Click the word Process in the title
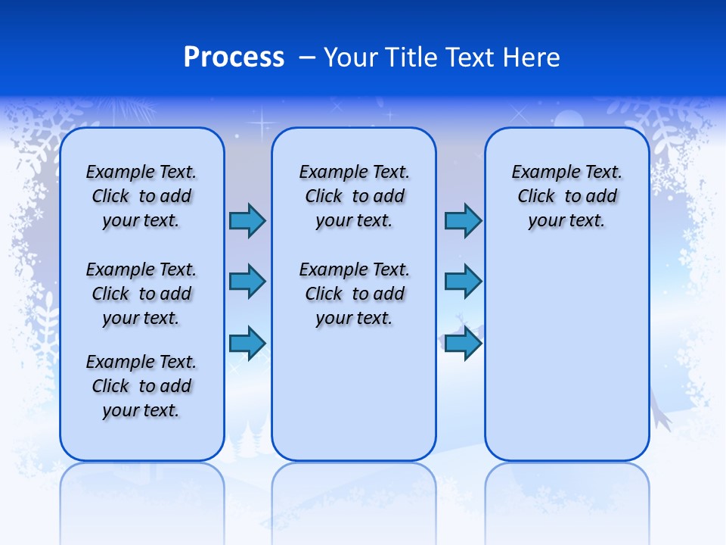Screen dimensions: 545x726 [x=234, y=58]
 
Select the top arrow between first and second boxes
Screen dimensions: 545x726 [x=247, y=221]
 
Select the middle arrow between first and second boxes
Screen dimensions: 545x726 [x=247, y=282]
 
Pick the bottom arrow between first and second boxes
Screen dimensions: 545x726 [x=247, y=343]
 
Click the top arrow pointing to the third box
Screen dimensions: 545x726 [x=463, y=221]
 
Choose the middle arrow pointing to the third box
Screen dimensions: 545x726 [x=463, y=282]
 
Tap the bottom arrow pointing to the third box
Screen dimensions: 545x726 [x=463, y=343]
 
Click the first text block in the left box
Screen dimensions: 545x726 [x=141, y=196]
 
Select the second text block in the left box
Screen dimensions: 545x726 [x=141, y=294]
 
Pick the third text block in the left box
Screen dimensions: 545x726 [x=141, y=386]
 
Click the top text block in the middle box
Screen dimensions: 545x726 [x=354, y=196]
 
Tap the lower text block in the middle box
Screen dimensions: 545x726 [x=354, y=294]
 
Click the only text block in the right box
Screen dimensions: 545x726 [x=566, y=196]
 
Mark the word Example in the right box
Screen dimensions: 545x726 [x=539, y=172]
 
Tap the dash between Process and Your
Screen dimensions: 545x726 [x=307, y=58]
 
